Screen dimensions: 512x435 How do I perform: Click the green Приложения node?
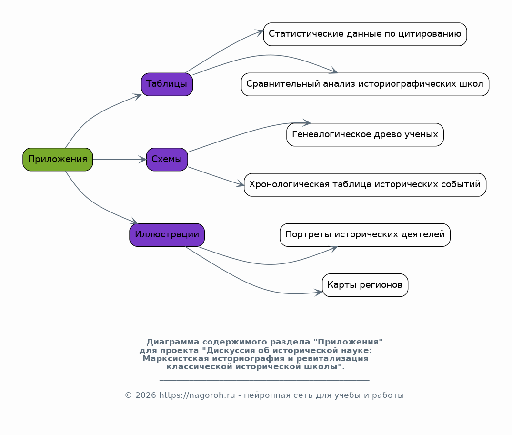click(58, 159)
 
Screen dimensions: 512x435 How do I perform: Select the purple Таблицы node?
click(167, 84)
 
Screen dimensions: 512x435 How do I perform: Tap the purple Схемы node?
click(167, 159)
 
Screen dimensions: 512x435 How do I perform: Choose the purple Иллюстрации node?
click(167, 235)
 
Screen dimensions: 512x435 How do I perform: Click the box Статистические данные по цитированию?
click(365, 34)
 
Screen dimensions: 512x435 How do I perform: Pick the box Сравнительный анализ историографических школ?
click(365, 84)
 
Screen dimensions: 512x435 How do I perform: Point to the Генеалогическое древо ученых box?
click(365, 134)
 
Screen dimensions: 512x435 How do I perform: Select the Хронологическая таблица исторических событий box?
click(365, 184)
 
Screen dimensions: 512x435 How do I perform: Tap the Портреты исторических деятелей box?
click(365, 235)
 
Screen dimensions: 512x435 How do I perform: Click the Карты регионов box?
click(365, 285)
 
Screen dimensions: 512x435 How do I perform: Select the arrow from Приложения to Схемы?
click(120, 159)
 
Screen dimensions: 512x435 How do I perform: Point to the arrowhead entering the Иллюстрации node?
click(134, 222)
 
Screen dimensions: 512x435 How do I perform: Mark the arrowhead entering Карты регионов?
click(318, 292)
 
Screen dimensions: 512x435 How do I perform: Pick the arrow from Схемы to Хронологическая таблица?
click(216, 176)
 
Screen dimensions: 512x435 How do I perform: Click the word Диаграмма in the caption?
click(173, 342)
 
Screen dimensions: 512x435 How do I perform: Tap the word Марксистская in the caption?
click(176, 359)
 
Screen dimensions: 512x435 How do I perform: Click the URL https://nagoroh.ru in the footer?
click(197, 395)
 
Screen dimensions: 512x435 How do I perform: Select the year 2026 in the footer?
click(145, 395)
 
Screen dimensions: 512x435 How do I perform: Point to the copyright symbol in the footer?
click(128, 395)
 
